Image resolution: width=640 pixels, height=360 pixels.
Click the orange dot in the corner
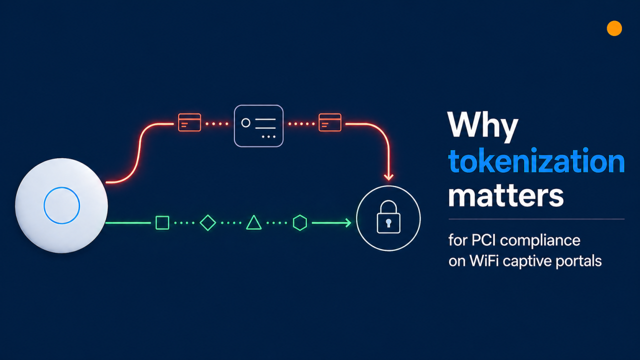[614, 28]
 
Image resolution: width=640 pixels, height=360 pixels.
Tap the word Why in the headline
[482, 125]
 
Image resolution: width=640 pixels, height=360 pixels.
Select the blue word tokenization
[536, 161]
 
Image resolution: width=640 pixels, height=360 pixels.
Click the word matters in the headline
[505, 195]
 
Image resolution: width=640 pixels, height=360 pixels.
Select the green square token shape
[162, 222]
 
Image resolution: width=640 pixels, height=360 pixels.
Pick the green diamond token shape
[207, 222]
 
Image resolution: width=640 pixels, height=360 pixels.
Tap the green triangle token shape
[254, 222]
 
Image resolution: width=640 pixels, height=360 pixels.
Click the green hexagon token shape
[299, 222]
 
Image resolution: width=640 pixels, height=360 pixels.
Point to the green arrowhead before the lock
[346, 222]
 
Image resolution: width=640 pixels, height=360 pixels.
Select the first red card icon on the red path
[189, 122]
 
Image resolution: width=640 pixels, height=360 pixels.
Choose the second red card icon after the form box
[330, 122]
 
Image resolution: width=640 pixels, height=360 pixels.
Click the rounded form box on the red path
[258, 126]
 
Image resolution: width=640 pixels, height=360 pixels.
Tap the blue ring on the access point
[62, 205]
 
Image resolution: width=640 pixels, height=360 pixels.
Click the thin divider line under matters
[536, 219]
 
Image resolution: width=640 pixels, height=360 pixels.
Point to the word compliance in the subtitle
[540, 241]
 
